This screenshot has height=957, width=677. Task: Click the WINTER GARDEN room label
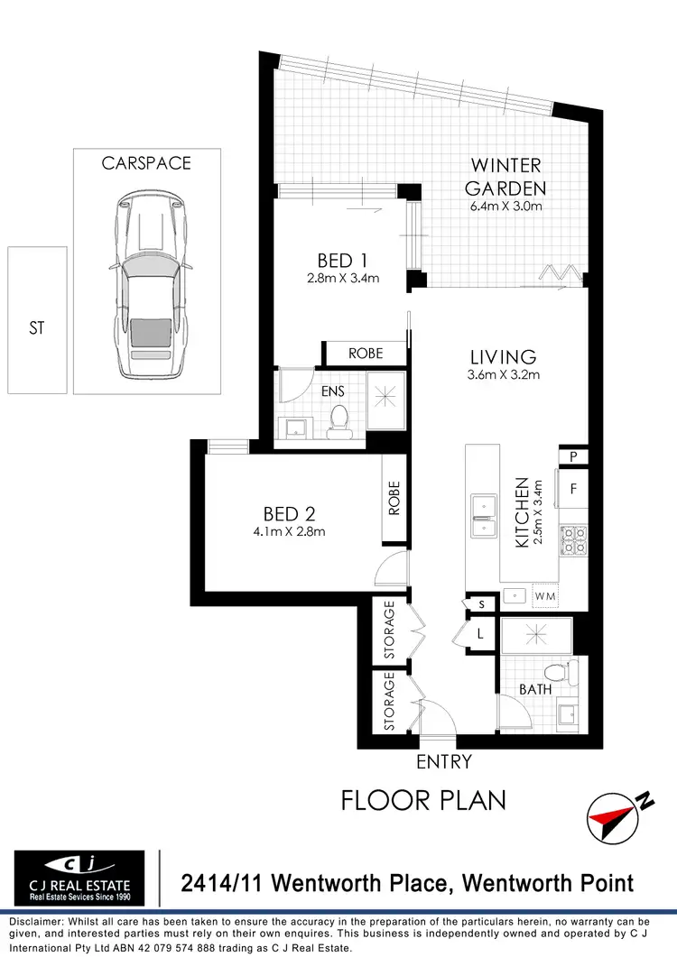click(x=505, y=177)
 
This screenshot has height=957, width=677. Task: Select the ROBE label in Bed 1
click(x=366, y=354)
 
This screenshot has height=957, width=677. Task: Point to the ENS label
click(x=334, y=391)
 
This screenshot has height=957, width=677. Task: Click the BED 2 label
click(x=289, y=514)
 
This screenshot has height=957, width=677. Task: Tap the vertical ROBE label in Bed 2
click(x=394, y=497)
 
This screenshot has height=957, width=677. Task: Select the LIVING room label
click(x=503, y=356)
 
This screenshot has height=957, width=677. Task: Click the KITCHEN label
click(x=521, y=514)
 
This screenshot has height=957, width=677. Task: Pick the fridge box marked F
click(x=573, y=491)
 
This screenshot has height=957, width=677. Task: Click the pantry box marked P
click(x=573, y=456)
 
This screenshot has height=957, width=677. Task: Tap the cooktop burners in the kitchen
click(x=573, y=540)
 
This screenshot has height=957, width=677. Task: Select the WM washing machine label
click(x=545, y=596)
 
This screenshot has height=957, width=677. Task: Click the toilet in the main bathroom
click(x=570, y=672)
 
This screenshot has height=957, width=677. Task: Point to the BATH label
click(x=534, y=690)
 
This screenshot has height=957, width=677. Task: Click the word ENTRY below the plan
click(x=443, y=762)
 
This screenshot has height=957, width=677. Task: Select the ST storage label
click(x=36, y=328)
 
